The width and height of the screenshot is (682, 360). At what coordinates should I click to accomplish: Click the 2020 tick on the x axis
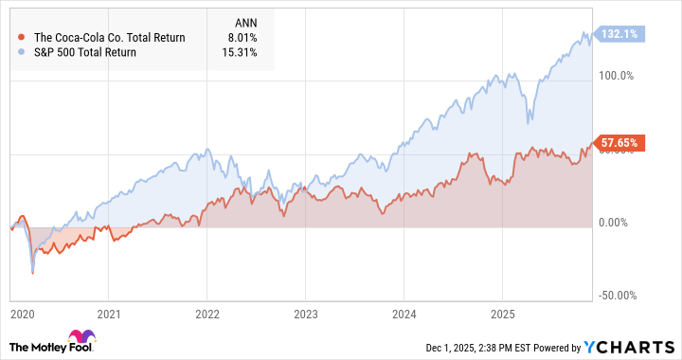pos(20,312)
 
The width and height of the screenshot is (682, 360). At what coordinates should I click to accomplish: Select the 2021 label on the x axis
pos(110,312)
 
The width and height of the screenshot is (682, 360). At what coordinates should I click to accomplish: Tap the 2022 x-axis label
pos(207,312)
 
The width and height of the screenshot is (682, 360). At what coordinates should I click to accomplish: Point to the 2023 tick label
pos(305,312)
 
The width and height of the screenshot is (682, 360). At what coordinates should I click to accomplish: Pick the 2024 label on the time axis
pos(404,312)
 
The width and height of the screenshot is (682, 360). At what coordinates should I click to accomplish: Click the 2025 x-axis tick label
pos(501,312)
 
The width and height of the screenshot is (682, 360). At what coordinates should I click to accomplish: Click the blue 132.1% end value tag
pos(619,34)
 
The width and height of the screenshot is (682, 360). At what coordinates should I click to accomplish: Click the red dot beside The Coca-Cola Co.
pos(22,37)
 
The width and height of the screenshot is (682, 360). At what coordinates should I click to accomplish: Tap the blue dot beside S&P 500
pos(22,52)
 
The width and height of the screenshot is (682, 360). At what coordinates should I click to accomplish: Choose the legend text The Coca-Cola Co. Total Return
pos(110,37)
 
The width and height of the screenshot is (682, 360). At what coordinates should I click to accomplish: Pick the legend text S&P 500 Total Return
pos(85,52)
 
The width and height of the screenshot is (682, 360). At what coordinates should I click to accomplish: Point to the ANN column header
pos(243,22)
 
